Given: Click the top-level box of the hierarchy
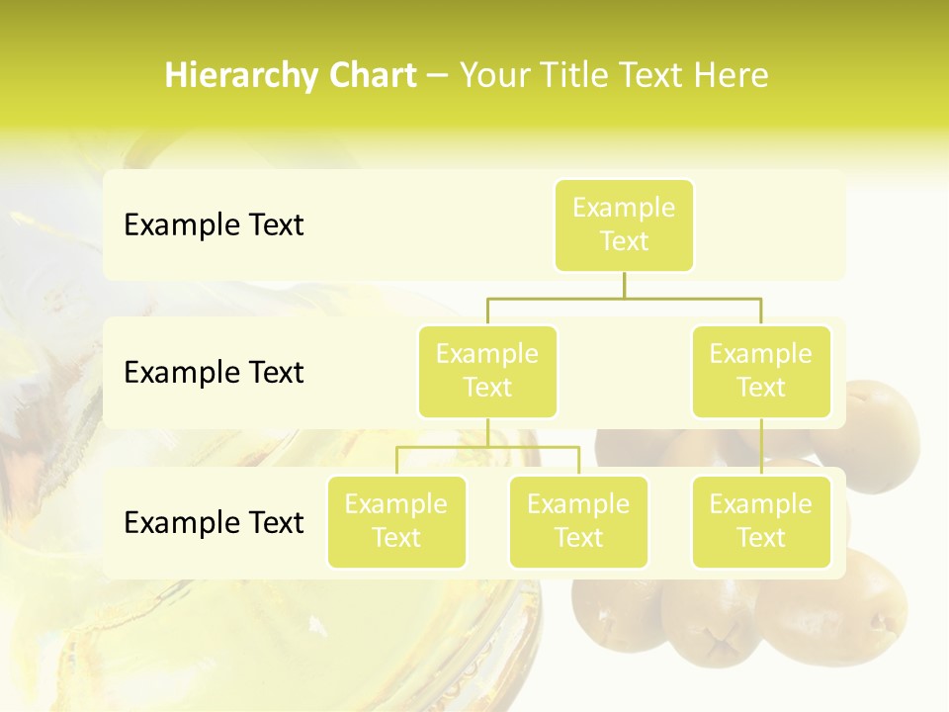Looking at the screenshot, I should (624, 224).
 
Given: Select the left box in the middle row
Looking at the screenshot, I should (487, 371).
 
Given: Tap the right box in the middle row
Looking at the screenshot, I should (761, 371).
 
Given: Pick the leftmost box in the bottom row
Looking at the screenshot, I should (396, 521).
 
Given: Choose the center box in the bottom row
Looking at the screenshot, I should (578, 521).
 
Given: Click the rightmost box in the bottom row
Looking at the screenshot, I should (761, 521).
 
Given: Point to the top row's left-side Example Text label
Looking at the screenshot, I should (214, 225).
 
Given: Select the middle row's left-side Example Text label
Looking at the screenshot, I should (214, 373).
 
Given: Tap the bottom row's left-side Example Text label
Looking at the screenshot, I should (214, 522).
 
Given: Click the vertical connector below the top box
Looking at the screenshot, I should (624, 285).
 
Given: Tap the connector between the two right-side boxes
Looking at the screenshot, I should (761, 447).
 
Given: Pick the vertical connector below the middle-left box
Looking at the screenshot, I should (487, 432).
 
